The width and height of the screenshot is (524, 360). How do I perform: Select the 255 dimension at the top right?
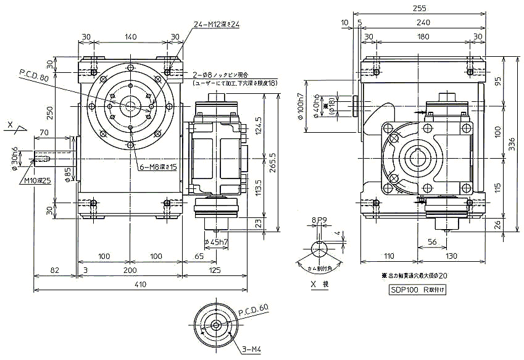[420, 7]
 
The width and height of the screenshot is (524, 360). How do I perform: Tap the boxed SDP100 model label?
[418, 290]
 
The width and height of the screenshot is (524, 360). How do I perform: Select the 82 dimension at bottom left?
[54, 270]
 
